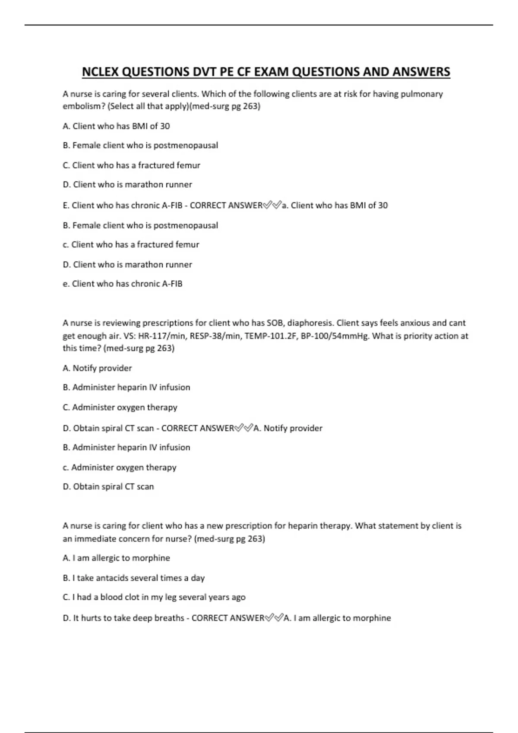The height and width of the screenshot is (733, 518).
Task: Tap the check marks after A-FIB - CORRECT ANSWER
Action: click(x=272, y=205)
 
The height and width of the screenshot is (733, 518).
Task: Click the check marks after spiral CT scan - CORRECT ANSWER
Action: click(x=243, y=428)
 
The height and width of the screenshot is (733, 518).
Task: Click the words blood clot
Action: click(x=120, y=597)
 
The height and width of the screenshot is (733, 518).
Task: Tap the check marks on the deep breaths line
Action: click(x=274, y=618)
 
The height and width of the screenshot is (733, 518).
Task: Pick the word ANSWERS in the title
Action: click(x=421, y=72)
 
